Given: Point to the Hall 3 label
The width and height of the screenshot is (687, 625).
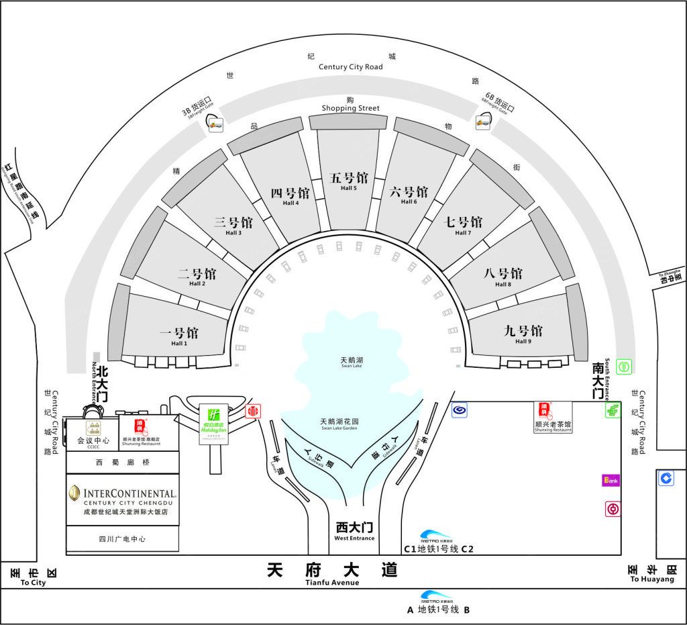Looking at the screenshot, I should pyautogui.click(x=233, y=226).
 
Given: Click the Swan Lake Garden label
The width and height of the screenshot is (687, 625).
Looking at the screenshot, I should pyautogui.click(x=339, y=424).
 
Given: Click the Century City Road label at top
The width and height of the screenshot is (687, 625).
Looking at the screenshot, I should pyautogui.click(x=350, y=66).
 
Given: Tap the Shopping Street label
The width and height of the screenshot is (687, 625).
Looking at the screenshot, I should pyautogui.click(x=350, y=107).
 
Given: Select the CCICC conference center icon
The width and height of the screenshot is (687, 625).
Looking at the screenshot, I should pyautogui.click(x=93, y=428).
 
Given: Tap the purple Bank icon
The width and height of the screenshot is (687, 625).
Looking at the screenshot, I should pyautogui.click(x=611, y=480).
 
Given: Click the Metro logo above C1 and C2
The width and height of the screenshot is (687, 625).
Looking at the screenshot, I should pyautogui.click(x=437, y=536).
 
